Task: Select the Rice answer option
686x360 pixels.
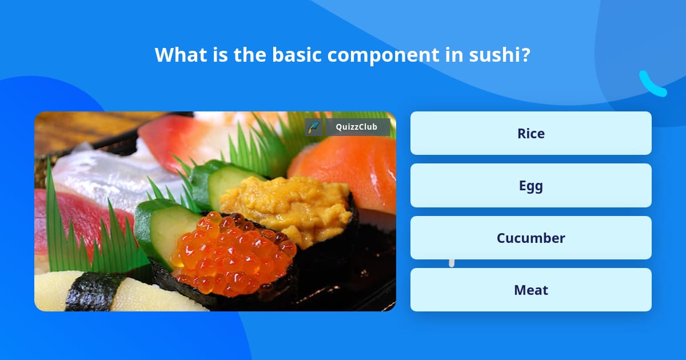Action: tap(531, 133)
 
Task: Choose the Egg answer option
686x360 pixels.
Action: tap(531, 186)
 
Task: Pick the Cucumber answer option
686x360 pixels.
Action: tap(531, 238)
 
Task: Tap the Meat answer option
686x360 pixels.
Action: tap(531, 290)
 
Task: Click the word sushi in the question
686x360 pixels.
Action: tap(497, 55)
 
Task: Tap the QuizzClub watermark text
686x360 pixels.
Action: tap(356, 127)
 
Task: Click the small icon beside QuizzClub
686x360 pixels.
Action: tap(313, 127)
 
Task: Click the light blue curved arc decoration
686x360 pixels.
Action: tap(652, 85)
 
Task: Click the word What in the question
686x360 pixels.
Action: tap(176, 55)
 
